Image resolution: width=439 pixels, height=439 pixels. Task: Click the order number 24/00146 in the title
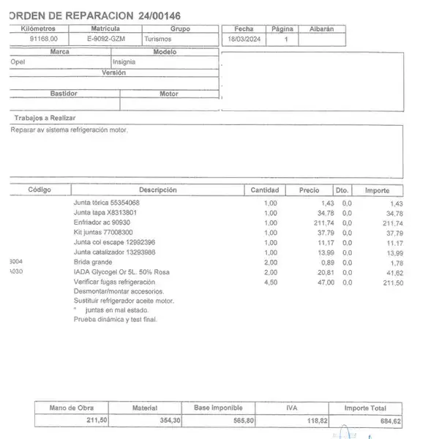click(153, 15)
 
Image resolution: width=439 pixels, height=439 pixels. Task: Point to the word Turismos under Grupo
click(158, 38)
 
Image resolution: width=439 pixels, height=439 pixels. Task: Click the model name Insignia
click(124, 62)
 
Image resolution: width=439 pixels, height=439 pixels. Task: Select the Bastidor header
click(63, 94)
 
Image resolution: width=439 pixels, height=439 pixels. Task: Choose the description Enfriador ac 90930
click(102, 222)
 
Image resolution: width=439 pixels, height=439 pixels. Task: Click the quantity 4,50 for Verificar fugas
click(271, 282)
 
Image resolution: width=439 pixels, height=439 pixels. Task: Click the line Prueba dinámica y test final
click(116, 320)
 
